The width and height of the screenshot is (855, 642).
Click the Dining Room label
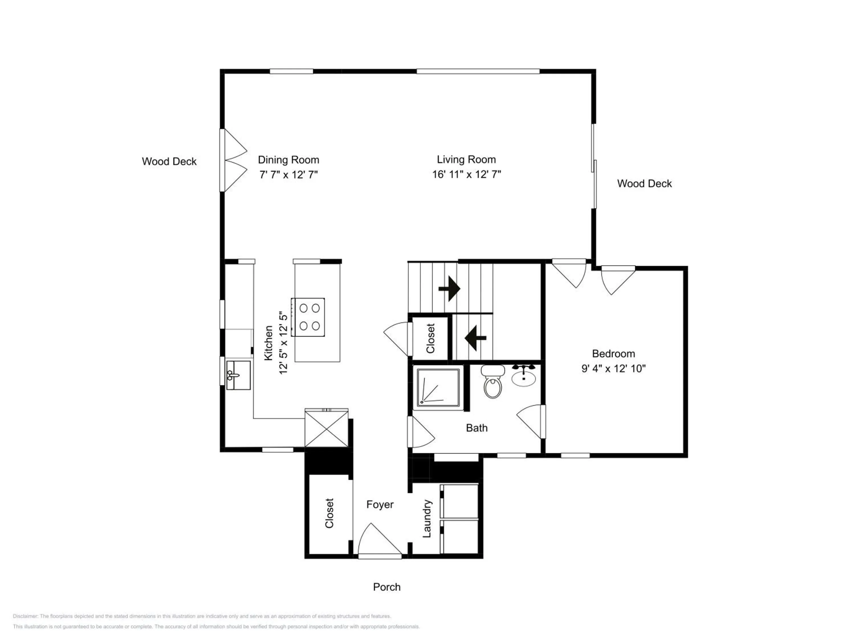tap(288, 160)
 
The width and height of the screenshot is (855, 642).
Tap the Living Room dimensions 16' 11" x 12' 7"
tap(467, 175)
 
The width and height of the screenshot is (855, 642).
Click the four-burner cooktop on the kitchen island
tap(308, 317)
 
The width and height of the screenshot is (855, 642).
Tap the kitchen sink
tap(238, 375)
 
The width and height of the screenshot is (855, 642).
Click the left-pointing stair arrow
tap(475, 338)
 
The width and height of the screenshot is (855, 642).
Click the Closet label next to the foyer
tap(329, 513)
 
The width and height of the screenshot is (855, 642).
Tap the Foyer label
tap(380, 505)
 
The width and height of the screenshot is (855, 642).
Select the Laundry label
tap(427, 518)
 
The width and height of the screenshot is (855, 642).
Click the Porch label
tap(386, 587)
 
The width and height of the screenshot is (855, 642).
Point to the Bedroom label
tap(613, 354)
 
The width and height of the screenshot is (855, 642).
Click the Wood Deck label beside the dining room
tap(169, 161)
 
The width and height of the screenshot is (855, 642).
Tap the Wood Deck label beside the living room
tap(644, 183)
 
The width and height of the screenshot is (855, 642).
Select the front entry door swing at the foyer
tap(380, 540)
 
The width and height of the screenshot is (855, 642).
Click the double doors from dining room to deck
tap(233, 160)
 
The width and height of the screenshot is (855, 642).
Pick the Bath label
tap(477, 428)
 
